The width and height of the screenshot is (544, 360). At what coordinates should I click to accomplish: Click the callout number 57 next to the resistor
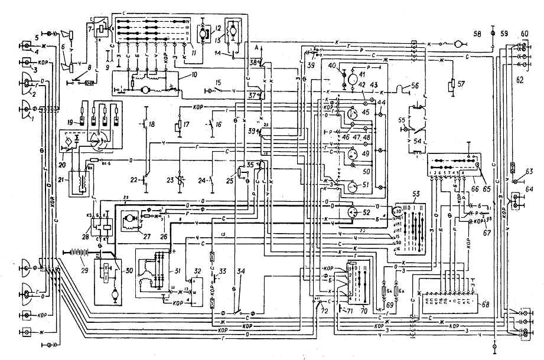click(461, 82)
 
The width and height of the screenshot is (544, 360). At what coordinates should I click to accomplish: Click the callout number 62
click(520, 77)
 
